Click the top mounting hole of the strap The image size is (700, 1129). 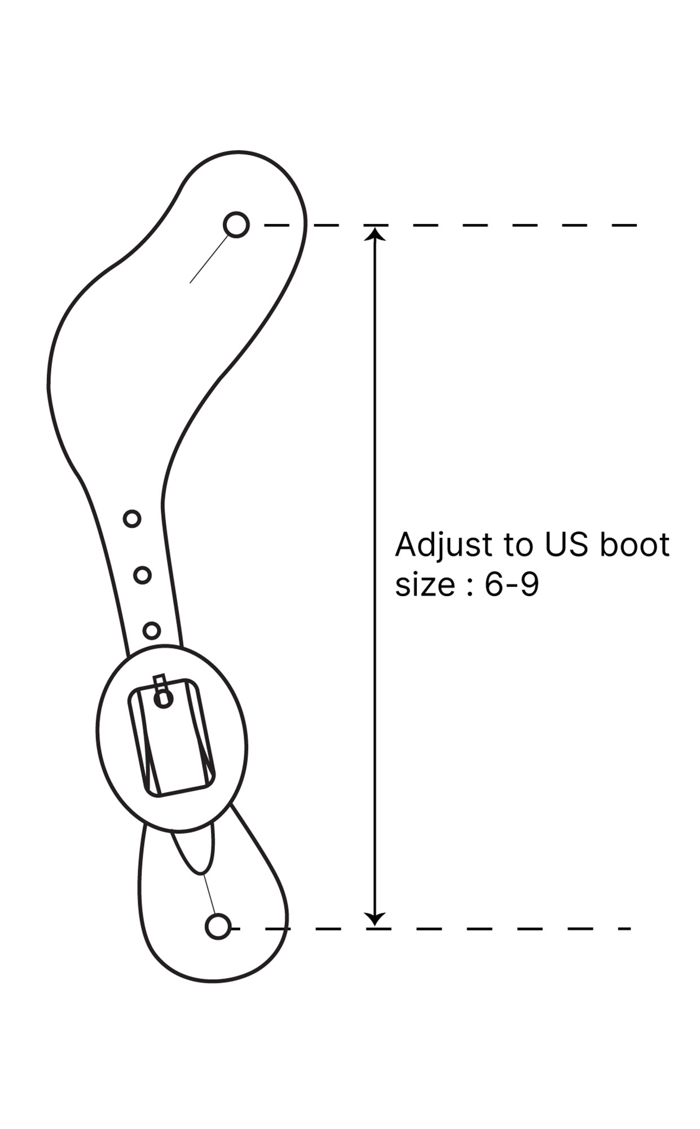(x=236, y=225)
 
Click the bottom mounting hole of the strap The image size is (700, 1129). (x=218, y=926)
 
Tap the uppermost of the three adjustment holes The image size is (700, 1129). (x=132, y=518)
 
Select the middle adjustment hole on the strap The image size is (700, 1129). (x=142, y=575)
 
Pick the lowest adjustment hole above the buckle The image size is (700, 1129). (x=152, y=630)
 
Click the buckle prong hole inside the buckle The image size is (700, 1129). (x=164, y=699)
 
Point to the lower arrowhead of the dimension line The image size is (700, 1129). (x=375, y=919)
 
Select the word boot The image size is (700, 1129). (x=634, y=545)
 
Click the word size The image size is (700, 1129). (x=425, y=585)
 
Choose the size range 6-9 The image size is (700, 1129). (x=512, y=585)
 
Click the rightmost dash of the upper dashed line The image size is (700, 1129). (x=624, y=225)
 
